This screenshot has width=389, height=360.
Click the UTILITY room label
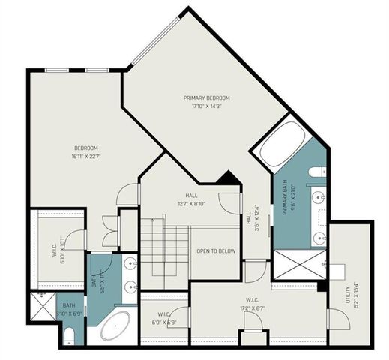(347, 292)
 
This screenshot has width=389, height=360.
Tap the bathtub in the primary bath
(283, 143)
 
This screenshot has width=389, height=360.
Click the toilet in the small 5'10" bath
(69, 334)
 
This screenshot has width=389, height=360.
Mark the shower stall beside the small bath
(43, 305)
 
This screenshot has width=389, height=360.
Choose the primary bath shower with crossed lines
(296, 263)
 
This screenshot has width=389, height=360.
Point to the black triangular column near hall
(227, 179)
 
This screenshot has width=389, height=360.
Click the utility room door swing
(336, 319)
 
